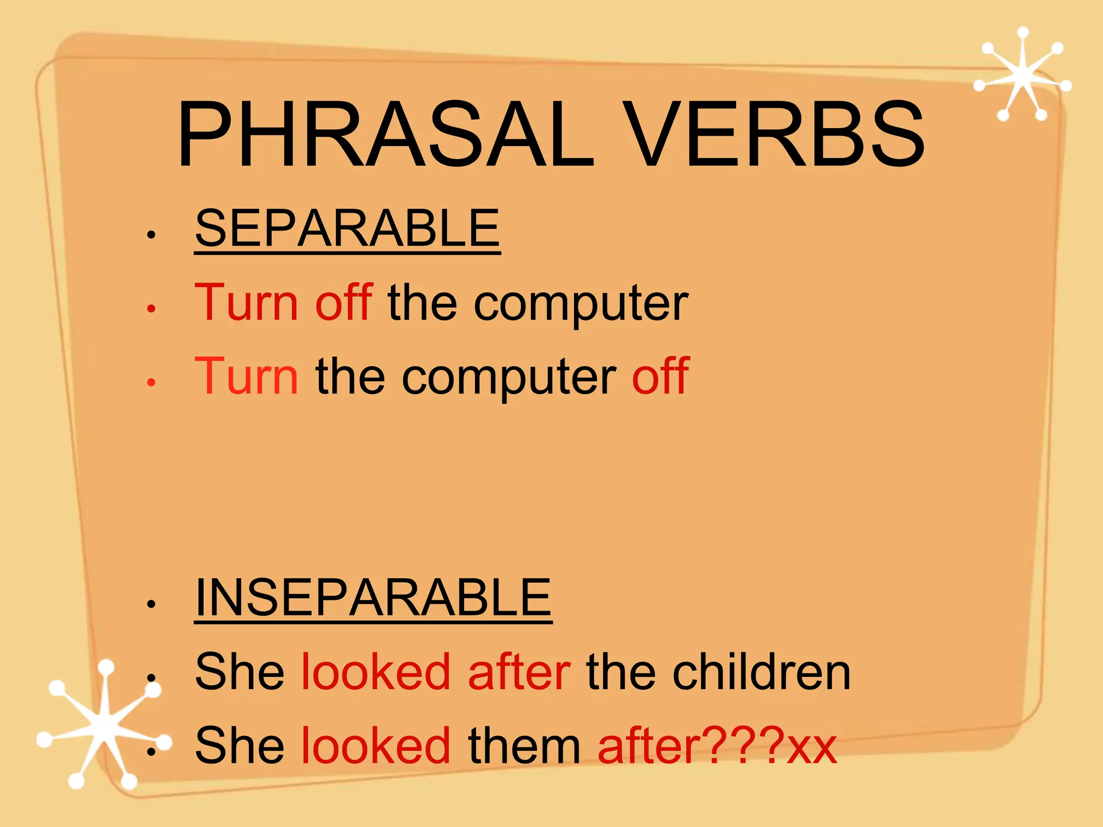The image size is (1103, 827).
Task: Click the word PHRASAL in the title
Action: point(385,134)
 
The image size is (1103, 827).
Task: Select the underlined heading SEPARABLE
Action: point(347,228)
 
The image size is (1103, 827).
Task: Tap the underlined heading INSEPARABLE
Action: point(373,598)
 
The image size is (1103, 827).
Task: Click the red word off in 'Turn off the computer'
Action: point(344,302)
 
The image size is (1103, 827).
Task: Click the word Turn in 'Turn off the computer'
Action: point(246,302)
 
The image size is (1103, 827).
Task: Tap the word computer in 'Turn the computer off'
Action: point(509,378)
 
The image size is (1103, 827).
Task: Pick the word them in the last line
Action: point(524,746)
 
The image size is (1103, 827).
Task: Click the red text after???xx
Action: point(717,746)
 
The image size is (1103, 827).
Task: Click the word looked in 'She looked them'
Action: point(375,746)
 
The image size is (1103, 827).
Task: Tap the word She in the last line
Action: point(239,746)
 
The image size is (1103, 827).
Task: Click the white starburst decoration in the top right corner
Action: point(1022,75)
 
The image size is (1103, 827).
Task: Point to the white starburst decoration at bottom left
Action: point(102,724)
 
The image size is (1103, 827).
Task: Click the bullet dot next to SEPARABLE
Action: point(151,235)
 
